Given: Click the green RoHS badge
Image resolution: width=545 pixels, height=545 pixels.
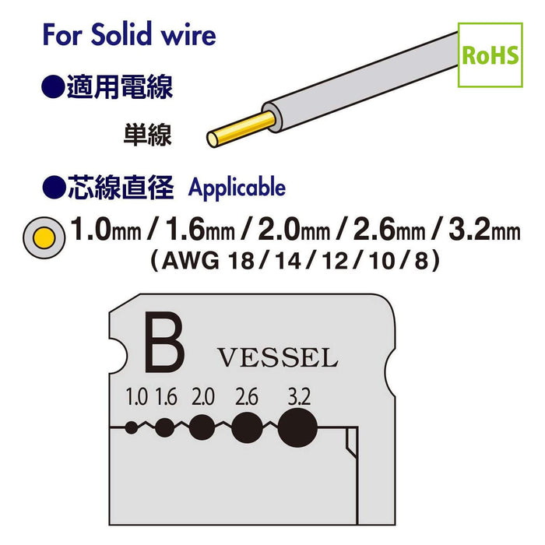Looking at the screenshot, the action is click(490, 55).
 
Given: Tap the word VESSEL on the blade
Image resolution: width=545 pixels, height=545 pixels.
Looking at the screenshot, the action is click(278, 357).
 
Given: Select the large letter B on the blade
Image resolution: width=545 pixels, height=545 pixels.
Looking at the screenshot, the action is click(164, 343).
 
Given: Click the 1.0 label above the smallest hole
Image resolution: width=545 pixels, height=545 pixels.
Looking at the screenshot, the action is click(136, 397).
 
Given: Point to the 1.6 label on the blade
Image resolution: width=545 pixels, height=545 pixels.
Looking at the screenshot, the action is click(166, 397).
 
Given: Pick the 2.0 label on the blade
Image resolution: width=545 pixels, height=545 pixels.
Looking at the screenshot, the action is click(203, 397).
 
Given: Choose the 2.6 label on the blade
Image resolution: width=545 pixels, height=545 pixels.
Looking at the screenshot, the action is click(247, 397).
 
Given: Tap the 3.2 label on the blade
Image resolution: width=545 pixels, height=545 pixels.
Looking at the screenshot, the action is click(299, 397).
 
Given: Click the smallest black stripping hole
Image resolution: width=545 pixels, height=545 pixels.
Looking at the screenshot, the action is click(132, 427).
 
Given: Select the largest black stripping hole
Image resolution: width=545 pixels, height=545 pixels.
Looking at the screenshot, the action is click(298, 427).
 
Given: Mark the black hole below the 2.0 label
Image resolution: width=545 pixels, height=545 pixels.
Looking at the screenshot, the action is click(202, 427).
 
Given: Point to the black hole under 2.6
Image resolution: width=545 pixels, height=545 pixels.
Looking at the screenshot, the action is click(247, 427).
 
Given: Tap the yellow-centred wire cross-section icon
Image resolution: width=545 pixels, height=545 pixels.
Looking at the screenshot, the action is click(44, 237).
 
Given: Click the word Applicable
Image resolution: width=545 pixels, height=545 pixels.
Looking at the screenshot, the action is click(237, 188).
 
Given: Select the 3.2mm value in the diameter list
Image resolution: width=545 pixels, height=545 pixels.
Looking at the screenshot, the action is click(484, 230).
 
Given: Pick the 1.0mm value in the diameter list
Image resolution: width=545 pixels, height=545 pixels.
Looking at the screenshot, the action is click(106, 230).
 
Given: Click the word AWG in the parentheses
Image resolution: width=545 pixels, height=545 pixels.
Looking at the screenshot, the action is click(191, 261).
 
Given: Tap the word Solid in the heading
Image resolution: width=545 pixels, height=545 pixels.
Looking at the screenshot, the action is click(121, 34).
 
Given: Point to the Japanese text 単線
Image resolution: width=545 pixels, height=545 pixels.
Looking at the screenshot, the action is click(147, 135).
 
